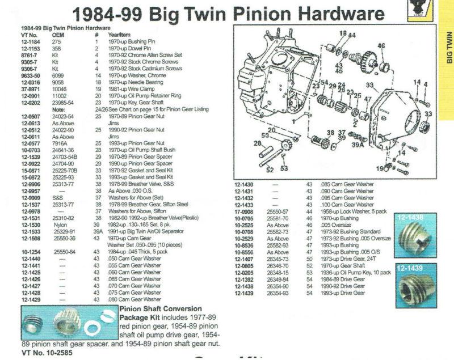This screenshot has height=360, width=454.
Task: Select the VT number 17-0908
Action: tap(245, 211)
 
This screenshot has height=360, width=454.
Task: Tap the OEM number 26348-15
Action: tap(282, 273)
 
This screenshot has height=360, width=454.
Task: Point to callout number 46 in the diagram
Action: tap(381, 46)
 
